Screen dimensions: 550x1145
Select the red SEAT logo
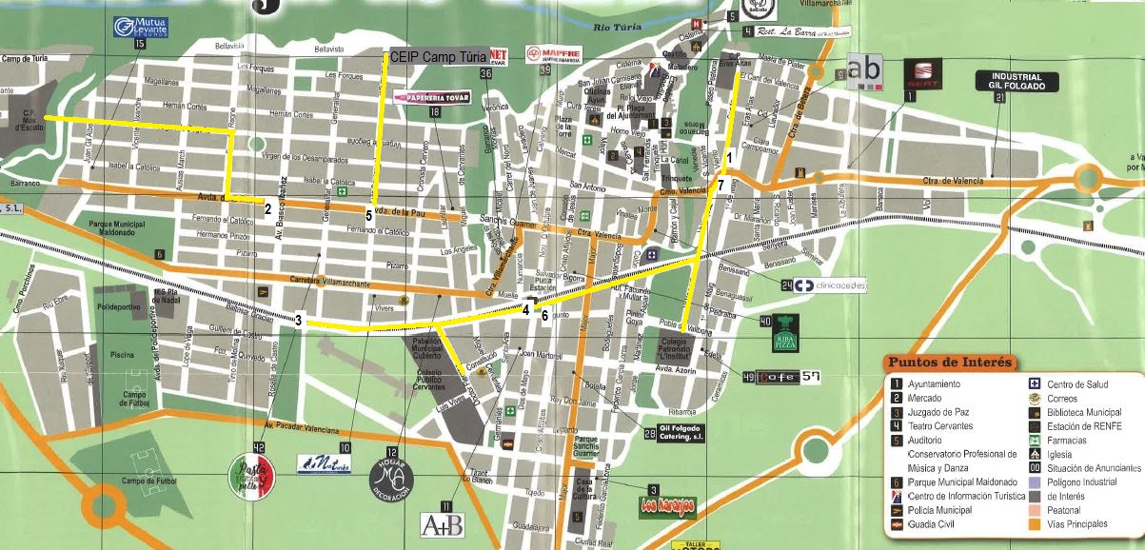(920, 72)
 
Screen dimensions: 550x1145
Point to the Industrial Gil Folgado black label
(1017, 81)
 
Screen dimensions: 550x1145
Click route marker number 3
(298, 321)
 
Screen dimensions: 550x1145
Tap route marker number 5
(369, 214)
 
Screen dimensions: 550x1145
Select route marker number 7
(721, 185)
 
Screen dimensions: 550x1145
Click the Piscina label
(122, 354)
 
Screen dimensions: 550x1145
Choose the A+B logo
(442, 523)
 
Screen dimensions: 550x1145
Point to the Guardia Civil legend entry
(928, 524)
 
